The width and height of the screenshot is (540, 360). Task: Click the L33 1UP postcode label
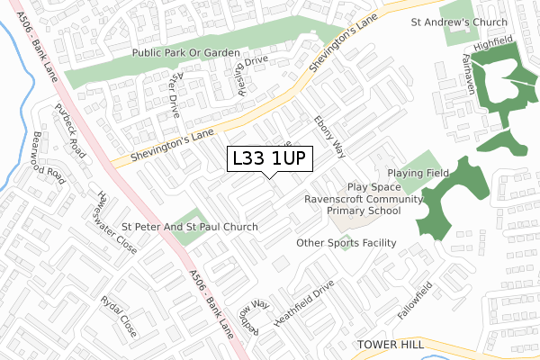271,158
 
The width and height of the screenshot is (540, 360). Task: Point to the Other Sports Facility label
346,243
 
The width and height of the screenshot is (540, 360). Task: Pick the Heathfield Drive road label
304,301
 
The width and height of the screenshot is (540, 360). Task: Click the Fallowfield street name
415,302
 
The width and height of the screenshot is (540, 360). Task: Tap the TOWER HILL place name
391,345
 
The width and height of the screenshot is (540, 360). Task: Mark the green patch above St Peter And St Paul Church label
185,215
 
